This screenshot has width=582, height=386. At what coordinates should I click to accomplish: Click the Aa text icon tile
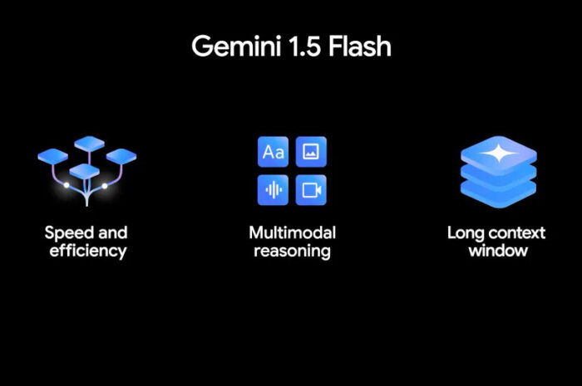[x=273, y=152]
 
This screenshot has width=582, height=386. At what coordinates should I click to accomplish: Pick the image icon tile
[x=311, y=152]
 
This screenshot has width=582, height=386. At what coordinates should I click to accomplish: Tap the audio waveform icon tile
[x=273, y=190]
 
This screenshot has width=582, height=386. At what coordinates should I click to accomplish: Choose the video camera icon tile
[x=311, y=190]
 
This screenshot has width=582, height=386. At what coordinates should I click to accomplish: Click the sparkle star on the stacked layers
[x=498, y=153]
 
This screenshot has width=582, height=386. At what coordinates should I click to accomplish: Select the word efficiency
[x=87, y=251]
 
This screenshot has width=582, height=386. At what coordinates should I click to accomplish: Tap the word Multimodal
[x=292, y=232]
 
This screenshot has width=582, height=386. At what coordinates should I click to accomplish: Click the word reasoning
[x=292, y=251]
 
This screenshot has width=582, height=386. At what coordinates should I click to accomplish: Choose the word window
[x=497, y=251]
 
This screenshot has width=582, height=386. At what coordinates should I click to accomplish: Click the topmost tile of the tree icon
[x=89, y=143]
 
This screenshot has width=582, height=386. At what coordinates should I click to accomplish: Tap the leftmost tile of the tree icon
[x=52, y=154]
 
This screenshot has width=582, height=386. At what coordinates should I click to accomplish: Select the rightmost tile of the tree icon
[x=121, y=155]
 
